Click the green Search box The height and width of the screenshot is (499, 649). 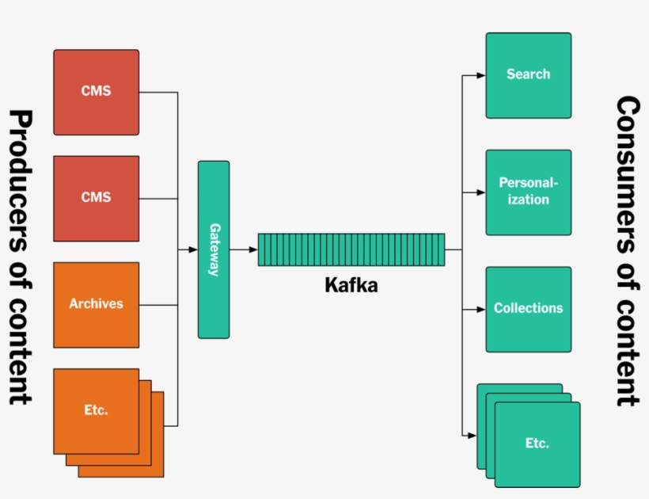528,75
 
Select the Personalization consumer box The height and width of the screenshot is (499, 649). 528,192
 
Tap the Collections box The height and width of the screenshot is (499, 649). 528,309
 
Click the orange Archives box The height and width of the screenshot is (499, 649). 96,305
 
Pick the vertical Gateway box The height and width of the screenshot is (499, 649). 214,249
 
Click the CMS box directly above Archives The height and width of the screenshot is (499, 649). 96,198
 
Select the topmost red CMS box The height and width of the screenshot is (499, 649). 96,92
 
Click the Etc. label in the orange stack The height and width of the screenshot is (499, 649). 96,410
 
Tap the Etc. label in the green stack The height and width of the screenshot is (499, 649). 537,444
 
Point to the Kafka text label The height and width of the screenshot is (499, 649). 351,285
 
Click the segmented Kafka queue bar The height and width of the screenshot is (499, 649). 351,249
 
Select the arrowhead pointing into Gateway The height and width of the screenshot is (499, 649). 193,249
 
